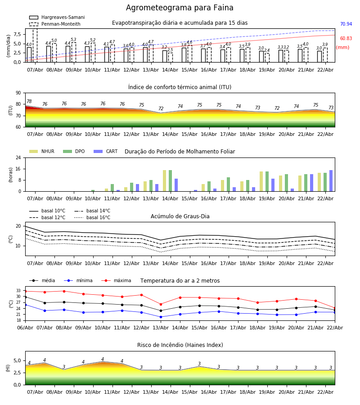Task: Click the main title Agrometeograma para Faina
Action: point(180,8)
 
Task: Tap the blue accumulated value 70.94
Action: point(346,24)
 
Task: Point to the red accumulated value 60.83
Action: point(346,39)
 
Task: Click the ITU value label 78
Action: point(29,102)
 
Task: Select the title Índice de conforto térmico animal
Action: point(180,87)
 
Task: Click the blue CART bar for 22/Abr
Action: point(331,180)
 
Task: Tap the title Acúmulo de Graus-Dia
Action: point(180,216)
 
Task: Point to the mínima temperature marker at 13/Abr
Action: point(161,317)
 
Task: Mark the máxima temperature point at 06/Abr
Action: point(25,291)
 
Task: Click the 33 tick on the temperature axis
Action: point(18,291)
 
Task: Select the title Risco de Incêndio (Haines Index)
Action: point(180,345)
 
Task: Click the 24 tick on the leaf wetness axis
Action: point(18,158)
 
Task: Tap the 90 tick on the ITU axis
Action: point(18,93)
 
